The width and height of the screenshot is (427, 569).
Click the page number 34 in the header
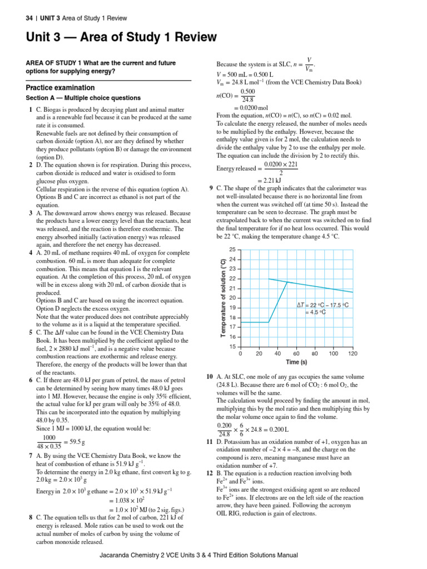pos(29,18)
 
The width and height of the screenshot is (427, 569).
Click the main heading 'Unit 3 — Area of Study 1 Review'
pos(121,37)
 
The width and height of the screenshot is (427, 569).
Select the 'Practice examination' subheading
pos(60,88)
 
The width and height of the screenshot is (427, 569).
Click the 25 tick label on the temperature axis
pos(232,249)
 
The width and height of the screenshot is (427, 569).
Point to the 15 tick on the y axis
pos(232,347)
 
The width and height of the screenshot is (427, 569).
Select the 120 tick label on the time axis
pos(352,353)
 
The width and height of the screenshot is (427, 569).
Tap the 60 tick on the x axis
pos(296,353)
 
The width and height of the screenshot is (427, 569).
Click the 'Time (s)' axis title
pos(296,362)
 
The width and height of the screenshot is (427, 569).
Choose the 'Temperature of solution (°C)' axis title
pos(223,298)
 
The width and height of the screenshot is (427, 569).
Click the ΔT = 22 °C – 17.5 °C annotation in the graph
pos(322,305)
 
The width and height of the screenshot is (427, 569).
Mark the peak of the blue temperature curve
pos(287,282)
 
